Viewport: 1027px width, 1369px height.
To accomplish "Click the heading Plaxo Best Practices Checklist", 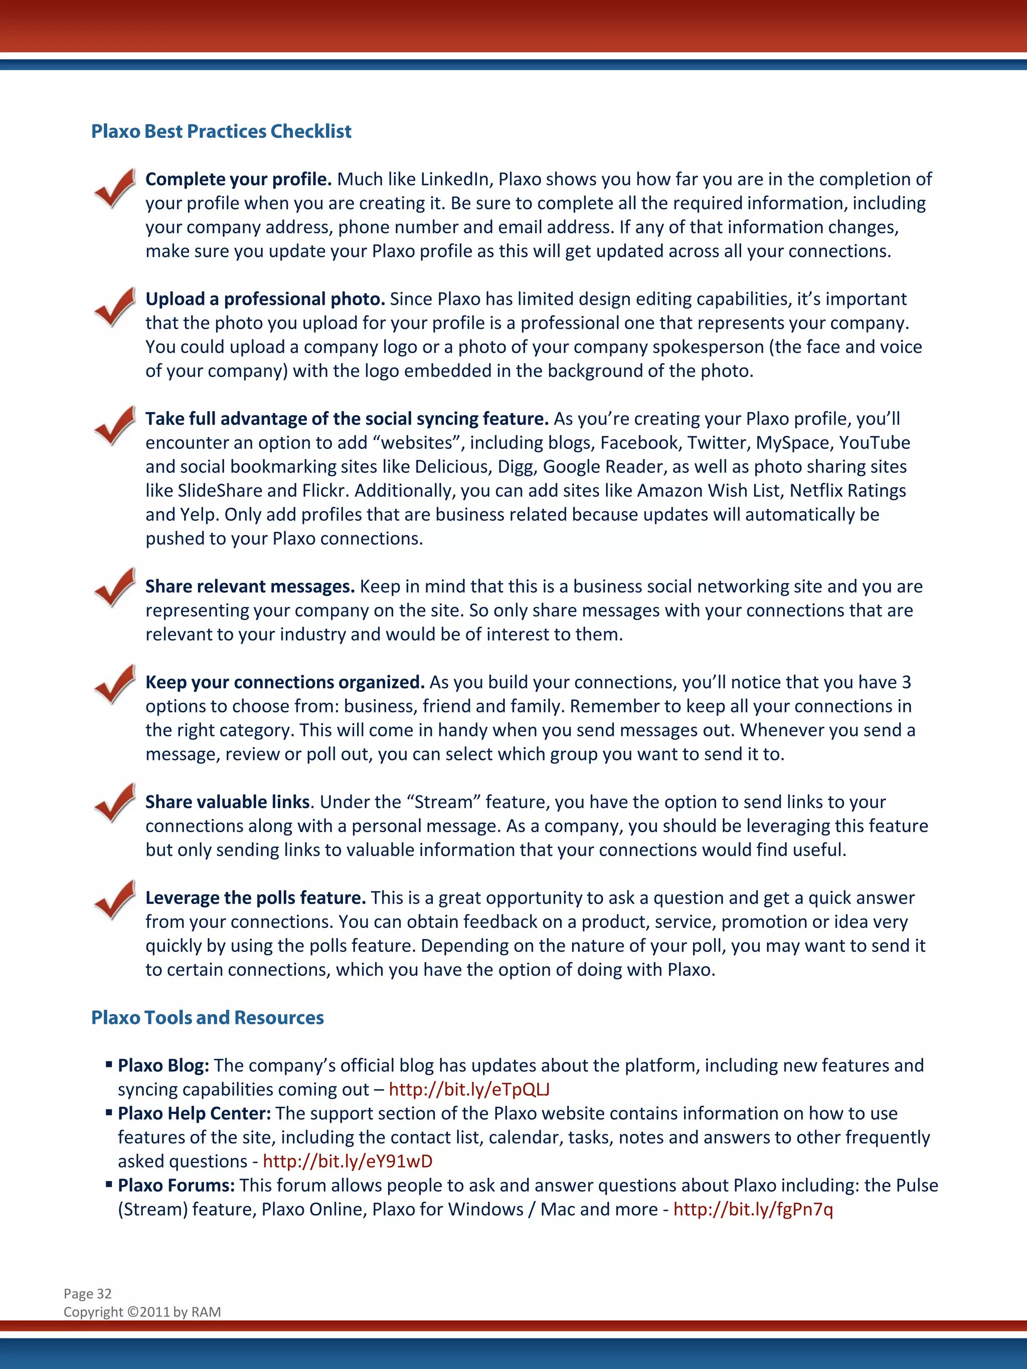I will point(221,131).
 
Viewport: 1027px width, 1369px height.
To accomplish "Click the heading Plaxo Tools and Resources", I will point(208,1018).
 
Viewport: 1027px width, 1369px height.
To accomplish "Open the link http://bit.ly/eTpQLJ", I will point(469,1089).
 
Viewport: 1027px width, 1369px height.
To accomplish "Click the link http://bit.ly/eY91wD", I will point(348,1161).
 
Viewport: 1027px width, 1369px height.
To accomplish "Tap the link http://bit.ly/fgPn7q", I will point(753,1209).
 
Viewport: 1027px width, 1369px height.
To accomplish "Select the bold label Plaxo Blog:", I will point(163,1065).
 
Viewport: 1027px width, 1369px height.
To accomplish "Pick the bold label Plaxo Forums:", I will point(177,1185).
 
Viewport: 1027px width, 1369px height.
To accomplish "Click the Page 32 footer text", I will point(87,1293).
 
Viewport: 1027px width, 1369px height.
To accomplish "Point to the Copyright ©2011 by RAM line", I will point(142,1312).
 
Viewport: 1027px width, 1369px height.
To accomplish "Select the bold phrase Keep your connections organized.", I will point(285,682).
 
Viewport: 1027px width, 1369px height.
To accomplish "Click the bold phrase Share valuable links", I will point(228,802).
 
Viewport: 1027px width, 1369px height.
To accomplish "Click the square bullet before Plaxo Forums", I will point(109,1185).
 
